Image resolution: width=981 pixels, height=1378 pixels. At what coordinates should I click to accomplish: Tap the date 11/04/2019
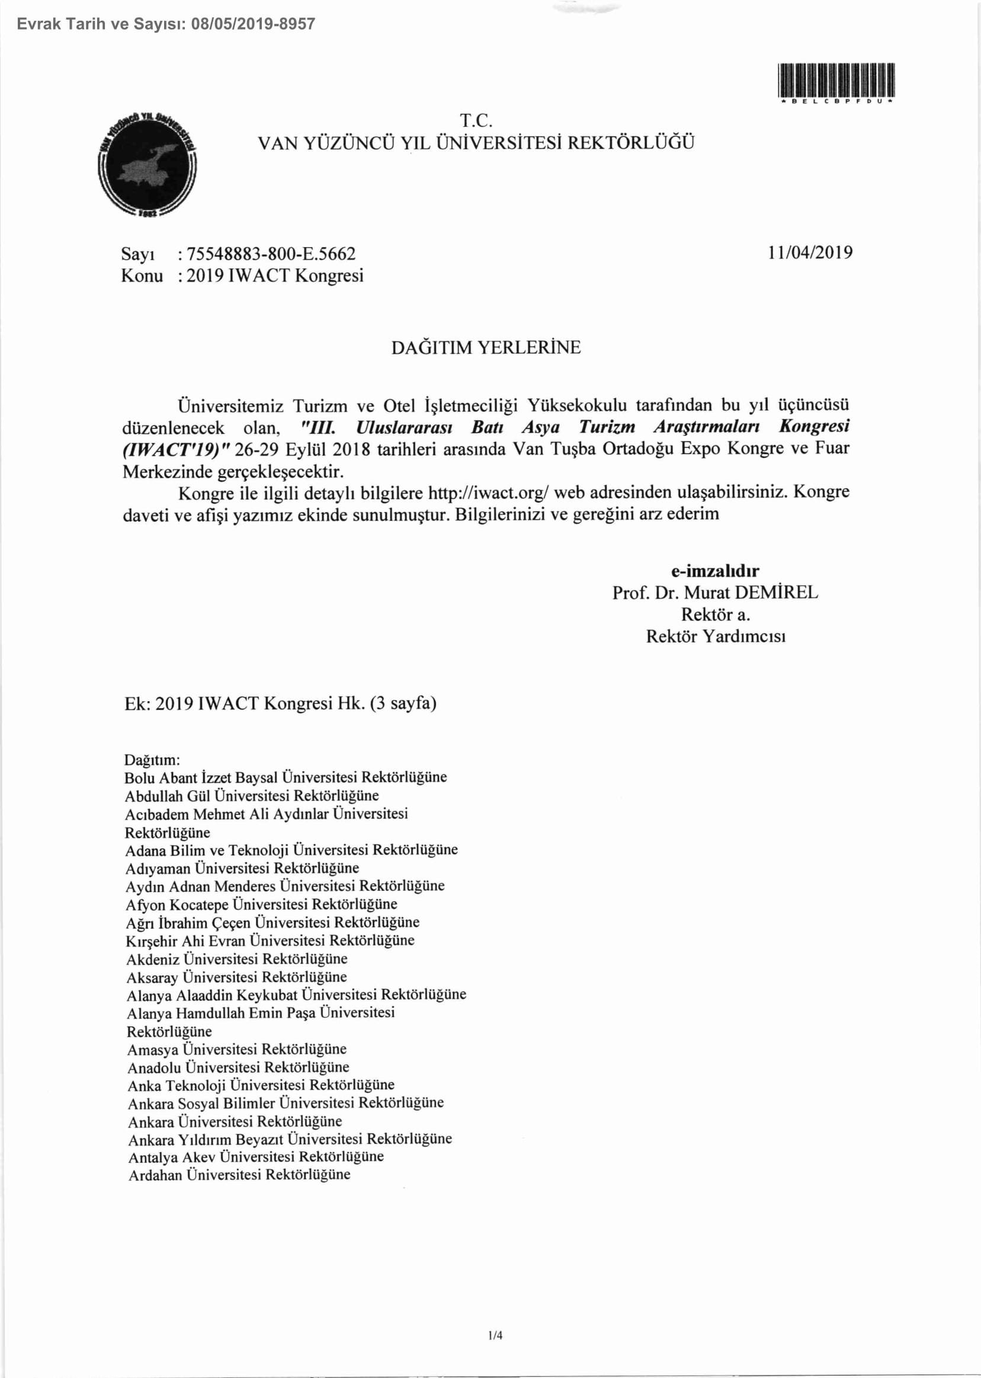(810, 252)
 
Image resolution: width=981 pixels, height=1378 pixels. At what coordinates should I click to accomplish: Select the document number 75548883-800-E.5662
(271, 254)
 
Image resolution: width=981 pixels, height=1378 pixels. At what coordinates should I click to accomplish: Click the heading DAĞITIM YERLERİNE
(486, 347)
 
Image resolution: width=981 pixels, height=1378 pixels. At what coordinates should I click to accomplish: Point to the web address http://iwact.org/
(489, 493)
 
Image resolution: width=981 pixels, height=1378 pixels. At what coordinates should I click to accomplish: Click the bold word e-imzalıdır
(715, 571)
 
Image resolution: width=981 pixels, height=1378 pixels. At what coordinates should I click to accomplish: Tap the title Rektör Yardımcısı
(716, 637)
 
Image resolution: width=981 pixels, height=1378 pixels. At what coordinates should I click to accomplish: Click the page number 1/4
(495, 1335)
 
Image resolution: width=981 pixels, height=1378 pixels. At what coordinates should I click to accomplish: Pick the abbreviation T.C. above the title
(477, 121)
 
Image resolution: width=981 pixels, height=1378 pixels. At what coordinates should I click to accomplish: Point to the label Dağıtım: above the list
(152, 760)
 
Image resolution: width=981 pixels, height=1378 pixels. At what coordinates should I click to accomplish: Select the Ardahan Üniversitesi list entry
(239, 1175)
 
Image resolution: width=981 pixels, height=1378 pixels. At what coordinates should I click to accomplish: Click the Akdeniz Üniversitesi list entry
(237, 959)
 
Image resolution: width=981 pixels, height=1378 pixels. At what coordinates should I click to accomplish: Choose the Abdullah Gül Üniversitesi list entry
(252, 796)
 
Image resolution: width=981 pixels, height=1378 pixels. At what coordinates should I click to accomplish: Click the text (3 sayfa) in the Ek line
(403, 704)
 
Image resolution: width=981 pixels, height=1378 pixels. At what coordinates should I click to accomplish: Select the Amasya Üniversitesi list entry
(237, 1049)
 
